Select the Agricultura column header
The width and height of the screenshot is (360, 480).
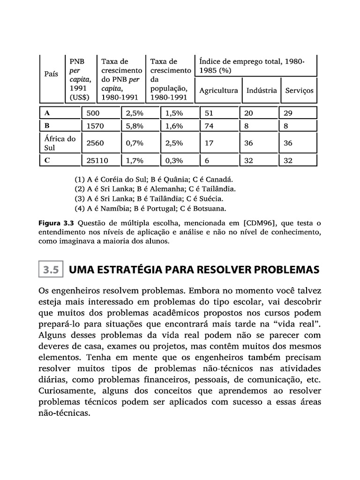click(x=218, y=90)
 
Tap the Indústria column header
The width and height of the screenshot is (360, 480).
click(x=262, y=90)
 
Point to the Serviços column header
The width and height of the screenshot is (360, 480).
click(x=299, y=90)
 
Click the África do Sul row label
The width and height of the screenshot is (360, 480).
click(x=59, y=143)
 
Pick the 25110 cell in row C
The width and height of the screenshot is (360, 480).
click(x=97, y=160)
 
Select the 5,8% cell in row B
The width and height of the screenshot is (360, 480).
click(x=135, y=126)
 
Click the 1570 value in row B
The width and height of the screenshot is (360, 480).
click(x=95, y=126)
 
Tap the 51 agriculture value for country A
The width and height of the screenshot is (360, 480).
click(x=209, y=113)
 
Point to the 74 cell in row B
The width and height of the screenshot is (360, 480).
click(x=209, y=126)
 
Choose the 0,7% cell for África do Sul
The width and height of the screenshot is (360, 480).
click(x=135, y=143)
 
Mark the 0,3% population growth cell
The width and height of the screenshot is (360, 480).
click(x=174, y=160)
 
